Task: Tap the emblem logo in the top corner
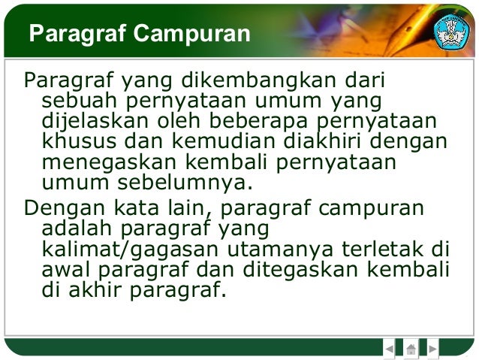coord(451,31)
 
